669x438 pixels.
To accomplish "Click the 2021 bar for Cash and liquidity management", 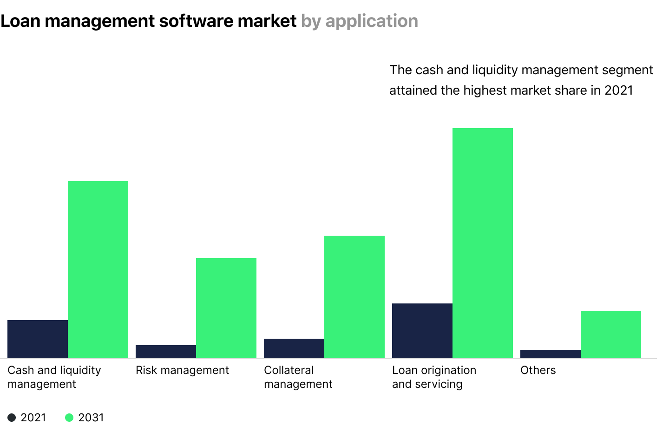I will coord(38,339).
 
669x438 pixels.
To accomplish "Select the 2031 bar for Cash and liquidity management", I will coord(98,269).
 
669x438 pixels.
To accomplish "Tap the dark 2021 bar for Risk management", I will coord(166,351).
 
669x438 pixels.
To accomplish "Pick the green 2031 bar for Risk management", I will coord(226,308).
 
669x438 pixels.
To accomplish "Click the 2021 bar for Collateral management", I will coord(294,348).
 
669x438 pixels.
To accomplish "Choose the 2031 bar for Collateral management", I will coord(354,296).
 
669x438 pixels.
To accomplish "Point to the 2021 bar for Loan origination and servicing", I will coord(422,330).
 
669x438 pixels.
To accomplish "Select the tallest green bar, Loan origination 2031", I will coord(483,243).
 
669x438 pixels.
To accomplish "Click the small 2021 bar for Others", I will coord(551,354).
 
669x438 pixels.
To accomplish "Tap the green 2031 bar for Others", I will coord(611,334).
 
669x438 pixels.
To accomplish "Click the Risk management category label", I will coord(182,370).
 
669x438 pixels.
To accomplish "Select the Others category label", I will coord(538,370).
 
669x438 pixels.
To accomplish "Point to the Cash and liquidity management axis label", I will coord(54,377).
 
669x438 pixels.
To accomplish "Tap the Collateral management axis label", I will coord(298,377).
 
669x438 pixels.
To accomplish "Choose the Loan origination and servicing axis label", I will coord(434,377).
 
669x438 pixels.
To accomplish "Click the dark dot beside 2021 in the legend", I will coord(12,418).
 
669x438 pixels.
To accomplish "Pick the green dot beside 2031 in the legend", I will coord(69,418).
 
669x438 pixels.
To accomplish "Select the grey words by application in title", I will coord(360,21).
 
